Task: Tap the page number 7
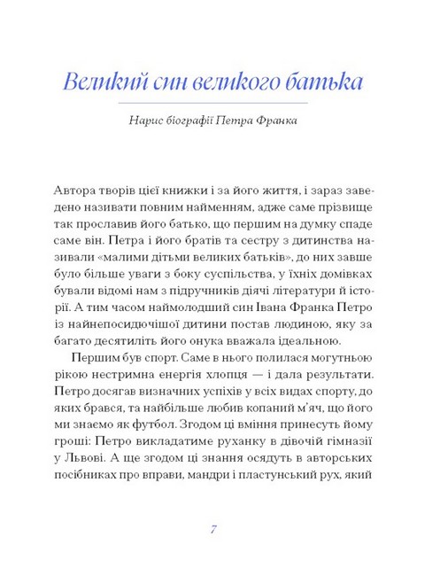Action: pyautogui.click(x=214, y=529)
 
